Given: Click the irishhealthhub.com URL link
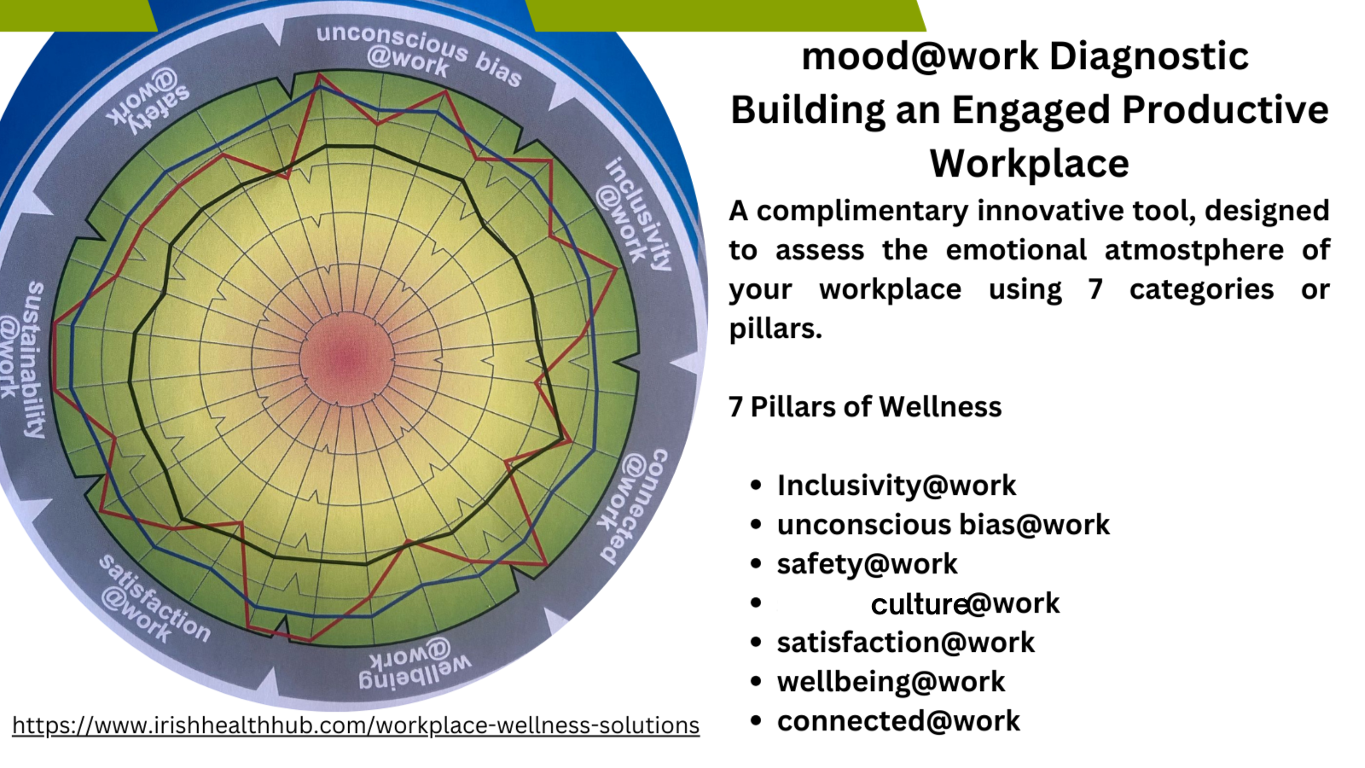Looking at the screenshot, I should point(356,725).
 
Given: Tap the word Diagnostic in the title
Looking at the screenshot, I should point(1148,57).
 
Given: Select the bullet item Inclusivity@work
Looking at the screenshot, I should point(896,486).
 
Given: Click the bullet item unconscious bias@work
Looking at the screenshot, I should point(943,525).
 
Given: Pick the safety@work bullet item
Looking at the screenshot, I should point(867,564).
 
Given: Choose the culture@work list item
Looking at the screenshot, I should point(964,603).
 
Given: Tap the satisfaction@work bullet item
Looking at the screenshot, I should point(905,643).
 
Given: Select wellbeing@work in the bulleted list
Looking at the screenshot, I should point(891,682).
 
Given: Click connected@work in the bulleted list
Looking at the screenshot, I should point(897,721).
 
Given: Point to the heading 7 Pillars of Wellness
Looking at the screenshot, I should point(865,407).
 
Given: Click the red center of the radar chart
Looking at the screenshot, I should point(346,356).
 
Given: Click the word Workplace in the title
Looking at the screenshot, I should point(1029,164).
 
